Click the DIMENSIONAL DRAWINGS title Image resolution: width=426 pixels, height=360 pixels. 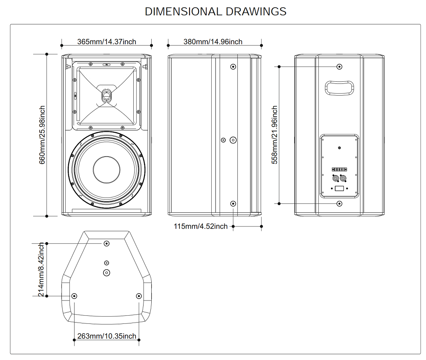[216, 11]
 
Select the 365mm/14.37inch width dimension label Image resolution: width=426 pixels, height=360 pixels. [106, 42]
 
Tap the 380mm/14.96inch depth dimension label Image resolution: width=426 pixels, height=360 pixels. [213, 42]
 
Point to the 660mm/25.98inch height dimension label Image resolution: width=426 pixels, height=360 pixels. [43, 135]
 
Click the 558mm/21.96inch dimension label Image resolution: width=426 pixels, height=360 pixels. [275, 135]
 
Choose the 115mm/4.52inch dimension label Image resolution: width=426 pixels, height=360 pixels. [201, 226]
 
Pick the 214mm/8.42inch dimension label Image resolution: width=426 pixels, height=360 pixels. [41, 270]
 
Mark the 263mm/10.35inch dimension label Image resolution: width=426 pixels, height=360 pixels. [107, 336]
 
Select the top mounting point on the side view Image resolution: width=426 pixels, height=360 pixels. [233, 67]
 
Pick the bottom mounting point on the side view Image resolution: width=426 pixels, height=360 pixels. [233, 204]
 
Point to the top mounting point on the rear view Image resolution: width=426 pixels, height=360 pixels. [340, 67]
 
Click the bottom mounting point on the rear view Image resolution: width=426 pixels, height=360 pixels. [340, 204]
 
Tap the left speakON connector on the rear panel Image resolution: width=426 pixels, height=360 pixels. [335, 178]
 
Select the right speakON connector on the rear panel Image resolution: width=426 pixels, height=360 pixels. [344, 178]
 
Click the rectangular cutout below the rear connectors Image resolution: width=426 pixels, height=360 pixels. [340, 189]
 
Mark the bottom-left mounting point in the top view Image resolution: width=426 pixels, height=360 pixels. [75, 296]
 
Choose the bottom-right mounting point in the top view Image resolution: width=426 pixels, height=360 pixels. [138, 296]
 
